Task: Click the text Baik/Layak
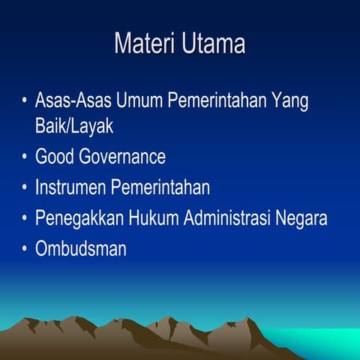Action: click(74, 126)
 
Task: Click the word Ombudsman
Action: click(80, 249)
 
